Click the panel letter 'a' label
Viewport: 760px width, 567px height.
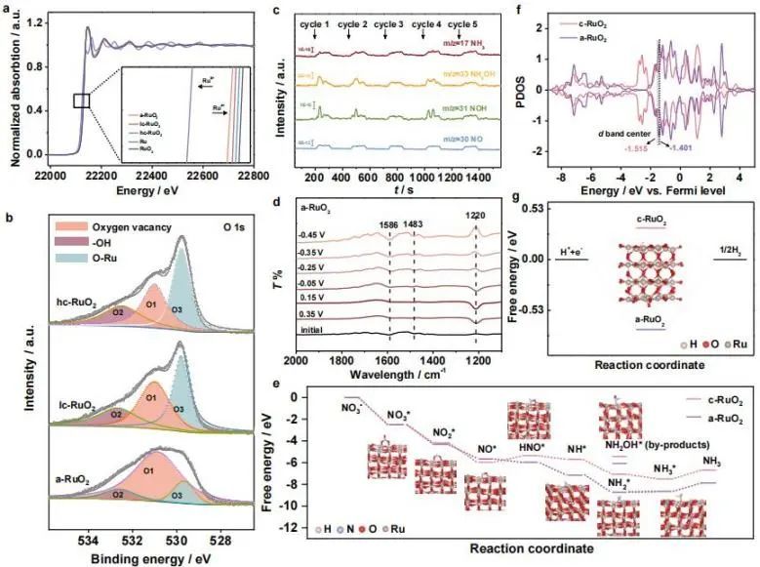click(8, 11)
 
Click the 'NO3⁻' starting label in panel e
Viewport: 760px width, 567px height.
click(353, 402)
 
